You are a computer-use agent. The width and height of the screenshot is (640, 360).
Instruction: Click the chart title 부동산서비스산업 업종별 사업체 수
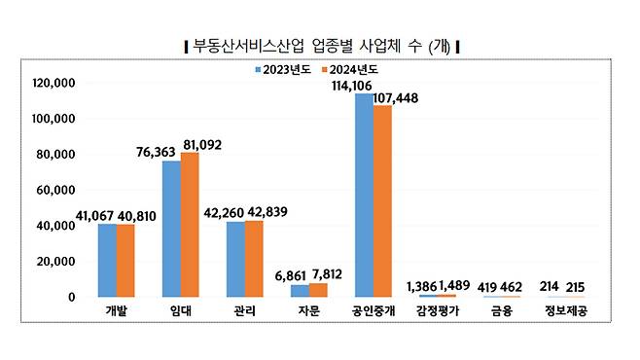pos(321,46)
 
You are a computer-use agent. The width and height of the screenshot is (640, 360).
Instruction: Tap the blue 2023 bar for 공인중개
pos(364,195)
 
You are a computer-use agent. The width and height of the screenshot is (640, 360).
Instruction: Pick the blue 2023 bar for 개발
pos(106,260)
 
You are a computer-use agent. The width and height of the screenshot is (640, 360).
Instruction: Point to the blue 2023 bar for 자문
pos(300,290)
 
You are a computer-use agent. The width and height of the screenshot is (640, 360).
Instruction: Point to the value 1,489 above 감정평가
pos(455,285)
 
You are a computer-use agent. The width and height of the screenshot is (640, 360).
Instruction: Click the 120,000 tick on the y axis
pos(55,84)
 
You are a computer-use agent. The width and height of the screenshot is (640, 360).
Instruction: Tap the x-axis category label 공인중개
pos(373,312)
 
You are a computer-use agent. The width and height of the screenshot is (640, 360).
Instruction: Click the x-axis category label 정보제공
pos(566,312)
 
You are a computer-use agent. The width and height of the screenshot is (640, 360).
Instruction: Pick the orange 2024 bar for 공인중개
pos(382,200)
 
